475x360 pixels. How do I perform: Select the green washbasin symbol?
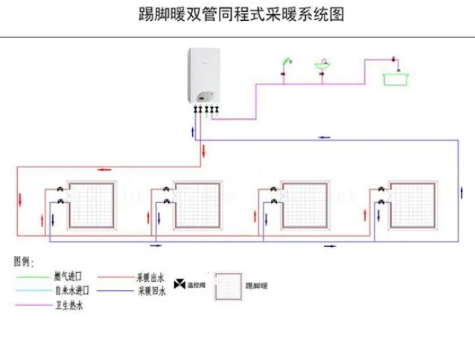click(x=323, y=66)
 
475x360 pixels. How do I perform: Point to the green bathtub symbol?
click(x=395, y=75)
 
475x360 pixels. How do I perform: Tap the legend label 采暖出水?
click(x=150, y=277)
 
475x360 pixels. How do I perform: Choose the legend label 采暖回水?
click(x=150, y=290)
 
